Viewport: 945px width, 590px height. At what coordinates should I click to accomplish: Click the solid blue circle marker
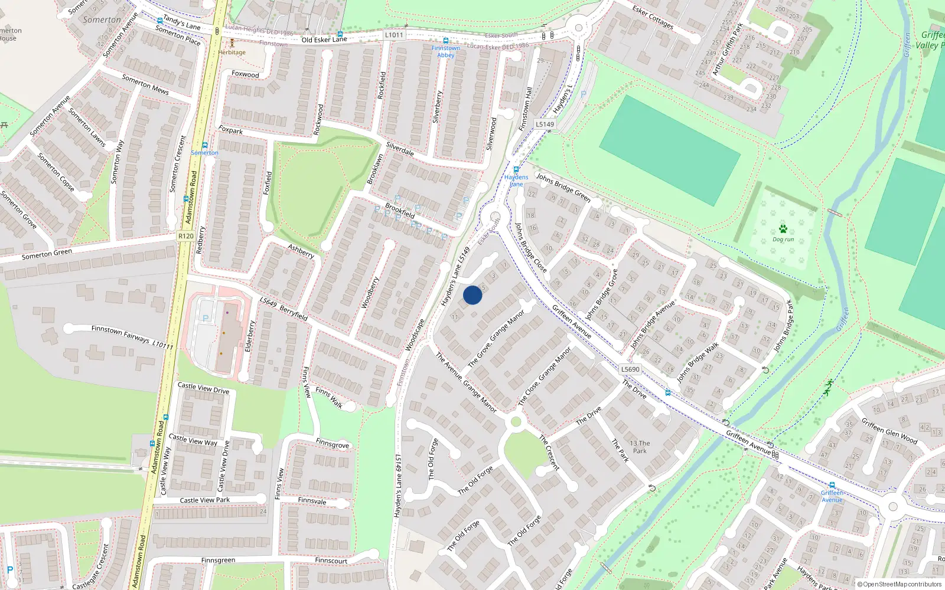pyautogui.click(x=472, y=295)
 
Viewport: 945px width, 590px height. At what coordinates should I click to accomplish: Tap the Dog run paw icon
pyautogui.click(x=783, y=229)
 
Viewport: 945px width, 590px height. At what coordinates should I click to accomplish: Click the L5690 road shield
pyautogui.click(x=630, y=369)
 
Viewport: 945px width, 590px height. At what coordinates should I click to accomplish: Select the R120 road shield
pyautogui.click(x=185, y=236)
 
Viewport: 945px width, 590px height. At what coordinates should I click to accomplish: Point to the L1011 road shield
pyautogui.click(x=394, y=35)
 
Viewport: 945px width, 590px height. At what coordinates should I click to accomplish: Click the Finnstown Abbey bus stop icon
pyautogui.click(x=445, y=41)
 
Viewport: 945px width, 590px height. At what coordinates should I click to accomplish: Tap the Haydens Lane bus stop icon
pyautogui.click(x=516, y=169)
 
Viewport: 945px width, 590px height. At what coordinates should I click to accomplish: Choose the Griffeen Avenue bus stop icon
pyautogui.click(x=832, y=485)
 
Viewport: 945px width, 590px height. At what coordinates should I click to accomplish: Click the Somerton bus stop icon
pyautogui.click(x=205, y=145)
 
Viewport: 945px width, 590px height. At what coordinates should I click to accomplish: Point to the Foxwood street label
pyautogui.click(x=245, y=74)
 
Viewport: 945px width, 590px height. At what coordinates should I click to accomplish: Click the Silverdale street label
pyautogui.click(x=400, y=149)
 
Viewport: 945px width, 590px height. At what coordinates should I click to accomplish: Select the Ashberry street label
pyautogui.click(x=301, y=251)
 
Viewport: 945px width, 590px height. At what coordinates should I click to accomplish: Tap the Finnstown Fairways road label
pyautogui.click(x=120, y=333)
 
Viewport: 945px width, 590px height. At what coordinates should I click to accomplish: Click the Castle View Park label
pyautogui.click(x=204, y=500)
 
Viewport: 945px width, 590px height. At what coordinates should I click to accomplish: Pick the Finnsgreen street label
pyautogui.click(x=218, y=560)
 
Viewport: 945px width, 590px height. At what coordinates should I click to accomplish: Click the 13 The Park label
pyautogui.click(x=640, y=447)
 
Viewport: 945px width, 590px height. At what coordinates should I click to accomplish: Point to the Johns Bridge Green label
pyautogui.click(x=563, y=187)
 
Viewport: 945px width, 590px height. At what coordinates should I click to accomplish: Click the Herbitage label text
pyautogui.click(x=232, y=53)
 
